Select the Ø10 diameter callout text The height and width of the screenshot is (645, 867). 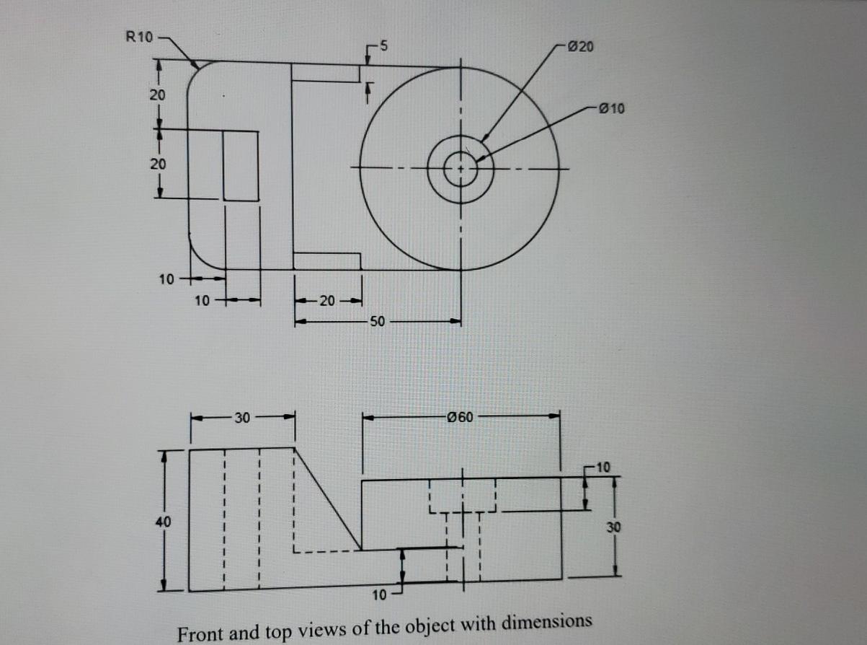612,109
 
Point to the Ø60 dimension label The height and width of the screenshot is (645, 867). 460,416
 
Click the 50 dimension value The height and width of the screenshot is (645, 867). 377,322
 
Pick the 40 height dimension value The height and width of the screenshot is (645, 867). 163,520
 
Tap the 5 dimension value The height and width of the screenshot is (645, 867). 384,47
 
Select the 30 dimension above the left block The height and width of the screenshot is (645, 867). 241,416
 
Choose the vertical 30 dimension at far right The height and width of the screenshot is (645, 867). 613,527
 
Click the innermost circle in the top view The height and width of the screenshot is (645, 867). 460,170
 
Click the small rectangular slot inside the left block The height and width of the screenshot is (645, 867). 241,166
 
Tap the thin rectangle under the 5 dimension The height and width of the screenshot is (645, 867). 326,73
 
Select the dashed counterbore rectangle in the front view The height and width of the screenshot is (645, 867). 462,495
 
